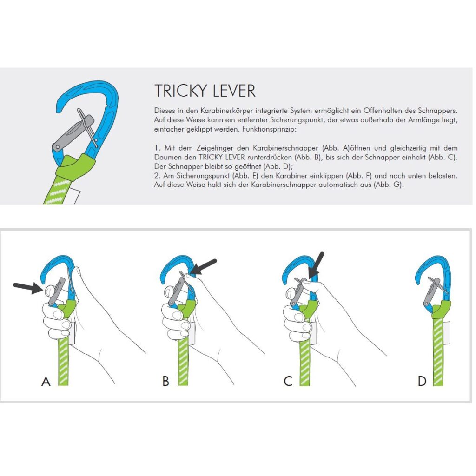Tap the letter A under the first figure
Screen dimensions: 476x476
coord(46,381)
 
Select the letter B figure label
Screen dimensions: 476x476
coord(166,381)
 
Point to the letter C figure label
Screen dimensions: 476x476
coord(288,381)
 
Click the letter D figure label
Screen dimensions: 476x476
coord(422,381)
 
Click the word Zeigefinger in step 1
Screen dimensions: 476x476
coord(215,148)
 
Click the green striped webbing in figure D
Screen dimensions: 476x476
coord(438,352)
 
